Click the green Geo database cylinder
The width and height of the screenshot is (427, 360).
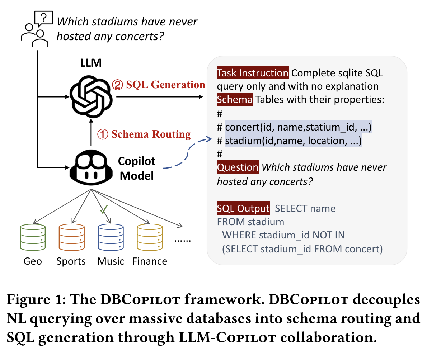tap(33, 237)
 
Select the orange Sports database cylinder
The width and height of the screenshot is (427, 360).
tap(72, 237)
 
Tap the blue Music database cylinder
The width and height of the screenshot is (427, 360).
tap(111, 237)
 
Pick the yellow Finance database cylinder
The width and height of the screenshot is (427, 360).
tap(150, 237)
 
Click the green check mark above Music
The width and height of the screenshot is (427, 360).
tap(104, 209)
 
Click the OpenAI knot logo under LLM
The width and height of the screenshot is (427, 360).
tap(91, 96)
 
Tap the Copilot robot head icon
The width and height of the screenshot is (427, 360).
tap(91, 167)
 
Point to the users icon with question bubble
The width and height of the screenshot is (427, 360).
tap(37, 29)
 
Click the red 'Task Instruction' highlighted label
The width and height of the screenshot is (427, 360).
tap(253, 73)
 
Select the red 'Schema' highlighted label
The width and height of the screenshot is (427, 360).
tap(235, 99)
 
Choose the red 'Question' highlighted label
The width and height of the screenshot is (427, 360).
tap(238, 167)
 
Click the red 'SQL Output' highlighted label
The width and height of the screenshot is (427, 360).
tap(243, 208)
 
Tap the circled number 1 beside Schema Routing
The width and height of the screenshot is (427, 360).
tap(103, 134)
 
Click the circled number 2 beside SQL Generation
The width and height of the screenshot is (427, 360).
tap(118, 85)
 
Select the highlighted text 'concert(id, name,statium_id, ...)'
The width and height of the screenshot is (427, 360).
tap(298, 127)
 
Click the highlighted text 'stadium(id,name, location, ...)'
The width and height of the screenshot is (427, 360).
tap(293, 141)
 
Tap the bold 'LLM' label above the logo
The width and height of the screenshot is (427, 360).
tap(91, 63)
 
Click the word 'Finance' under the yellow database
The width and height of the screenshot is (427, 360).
tap(150, 261)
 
